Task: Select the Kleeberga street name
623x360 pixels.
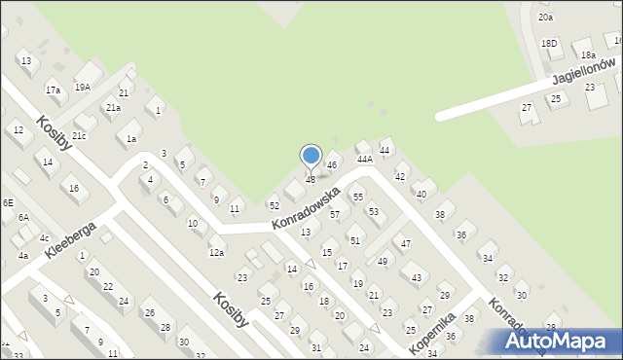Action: click(x=69, y=239)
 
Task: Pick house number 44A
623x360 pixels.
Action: click(x=365, y=158)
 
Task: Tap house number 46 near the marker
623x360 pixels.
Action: click(x=332, y=165)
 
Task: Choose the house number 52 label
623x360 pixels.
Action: click(x=275, y=205)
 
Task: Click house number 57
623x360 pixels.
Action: click(x=334, y=214)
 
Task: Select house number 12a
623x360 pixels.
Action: click(x=216, y=253)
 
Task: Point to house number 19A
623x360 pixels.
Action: click(x=83, y=87)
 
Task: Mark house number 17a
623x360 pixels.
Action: click(x=53, y=90)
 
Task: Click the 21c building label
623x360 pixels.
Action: click(x=79, y=135)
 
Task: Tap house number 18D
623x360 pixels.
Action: click(x=549, y=43)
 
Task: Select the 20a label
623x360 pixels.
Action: click(x=546, y=17)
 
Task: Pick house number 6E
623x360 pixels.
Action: click(x=8, y=202)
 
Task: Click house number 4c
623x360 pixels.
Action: click(x=44, y=237)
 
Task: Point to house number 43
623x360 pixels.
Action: click(x=417, y=278)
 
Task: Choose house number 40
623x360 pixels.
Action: click(x=421, y=195)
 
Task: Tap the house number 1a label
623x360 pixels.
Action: click(x=130, y=139)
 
